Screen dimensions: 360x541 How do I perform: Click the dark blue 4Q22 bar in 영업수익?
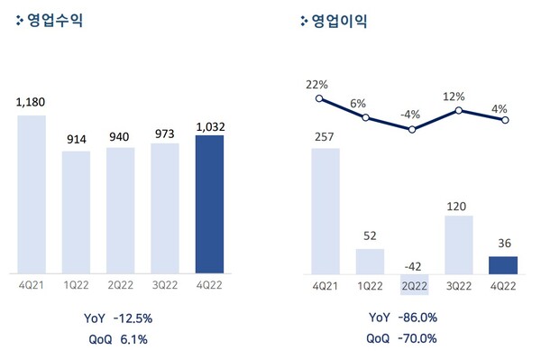pyautogui.click(x=215, y=203)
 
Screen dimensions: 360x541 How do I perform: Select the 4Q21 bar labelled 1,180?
pyautogui.click(x=32, y=193)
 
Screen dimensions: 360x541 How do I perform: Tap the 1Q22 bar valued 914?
pyautogui.click(x=76, y=211)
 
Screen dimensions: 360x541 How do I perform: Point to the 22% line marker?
pyautogui.click(x=319, y=99)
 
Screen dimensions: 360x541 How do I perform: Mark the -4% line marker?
pyautogui.click(x=413, y=129)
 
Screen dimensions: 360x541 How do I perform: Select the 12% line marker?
pyautogui.click(x=459, y=110)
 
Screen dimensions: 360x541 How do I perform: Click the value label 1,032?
pyautogui.click(x=215, y=125)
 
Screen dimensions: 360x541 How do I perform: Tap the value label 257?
pyautogui.click(x=326, y=137)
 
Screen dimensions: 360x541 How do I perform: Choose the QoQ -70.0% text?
pyautogui.click(x=402, y=339)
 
